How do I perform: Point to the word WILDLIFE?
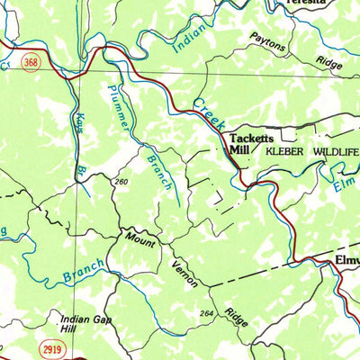click(337, 153)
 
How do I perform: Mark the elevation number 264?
click(208, 314)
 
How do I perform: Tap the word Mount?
click(140, 241)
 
